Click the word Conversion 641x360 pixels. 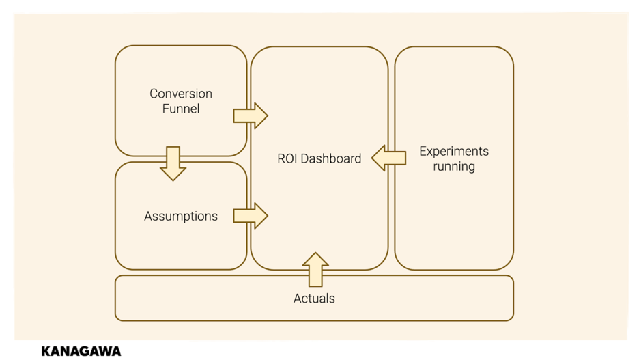[x=181, y=94]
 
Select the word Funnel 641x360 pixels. [x=181, y=109]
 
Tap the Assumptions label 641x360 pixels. [x=181, y=217]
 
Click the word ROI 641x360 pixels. [x=287, y=158]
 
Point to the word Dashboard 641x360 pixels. [x=330, y=158]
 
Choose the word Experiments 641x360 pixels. [x=454, y=152]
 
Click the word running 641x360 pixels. [x=454, y=167]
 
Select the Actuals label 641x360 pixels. [x=314, y=299]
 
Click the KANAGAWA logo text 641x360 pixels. [x=81, y=351]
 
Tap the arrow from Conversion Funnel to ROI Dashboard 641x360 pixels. [x=250, y=115]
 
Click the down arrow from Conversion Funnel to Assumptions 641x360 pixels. [x=173, y=163]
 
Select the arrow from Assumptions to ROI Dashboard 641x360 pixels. [x=250, y=216]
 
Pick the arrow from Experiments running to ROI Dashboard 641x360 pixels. [x=389, y=158]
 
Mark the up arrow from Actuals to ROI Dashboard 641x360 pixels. [x=315, y=269]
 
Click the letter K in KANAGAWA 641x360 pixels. [x=46, y=351]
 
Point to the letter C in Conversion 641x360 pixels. [x=154, y=94]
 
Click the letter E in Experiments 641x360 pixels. [x=423, y=152]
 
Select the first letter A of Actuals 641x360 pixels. [x=298, y=299]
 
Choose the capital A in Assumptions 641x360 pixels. [x=149, y=216]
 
